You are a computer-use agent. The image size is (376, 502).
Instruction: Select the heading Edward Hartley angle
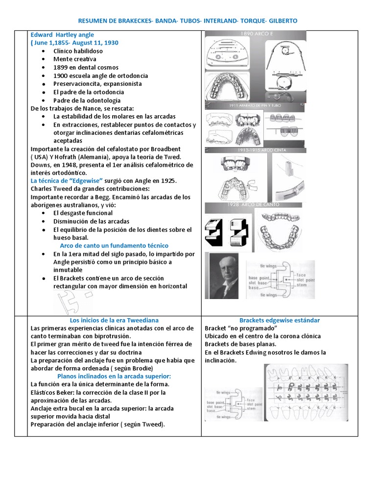[63, 35]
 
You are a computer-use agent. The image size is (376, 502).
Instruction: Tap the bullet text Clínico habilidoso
[79, 51]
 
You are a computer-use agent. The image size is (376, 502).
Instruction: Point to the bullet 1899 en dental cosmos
[86, 68]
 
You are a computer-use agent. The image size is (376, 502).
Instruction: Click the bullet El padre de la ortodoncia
[89, 92]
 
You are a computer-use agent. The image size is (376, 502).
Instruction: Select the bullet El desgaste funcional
[83, 213]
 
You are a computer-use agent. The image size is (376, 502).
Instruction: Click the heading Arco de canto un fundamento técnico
[114, 246]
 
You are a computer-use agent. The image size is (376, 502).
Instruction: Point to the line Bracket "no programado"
[241, 328]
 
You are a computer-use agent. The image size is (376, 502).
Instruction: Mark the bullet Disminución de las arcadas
[88, 221]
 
